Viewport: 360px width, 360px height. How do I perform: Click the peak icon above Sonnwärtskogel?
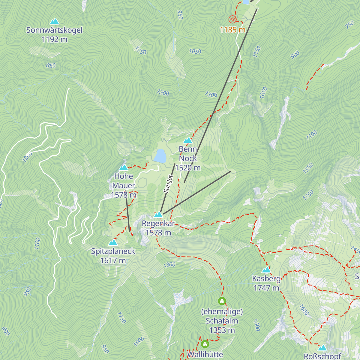54,21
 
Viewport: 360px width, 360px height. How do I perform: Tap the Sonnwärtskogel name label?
54,30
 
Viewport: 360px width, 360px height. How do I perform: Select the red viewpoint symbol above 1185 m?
232,19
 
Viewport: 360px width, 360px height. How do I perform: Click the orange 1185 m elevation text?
232,30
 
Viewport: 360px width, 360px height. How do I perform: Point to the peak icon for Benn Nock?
188,140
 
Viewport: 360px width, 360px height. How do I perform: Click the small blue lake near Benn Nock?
160,156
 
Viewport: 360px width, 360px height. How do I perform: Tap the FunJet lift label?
168,184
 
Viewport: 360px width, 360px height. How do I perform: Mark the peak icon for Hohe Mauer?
124,168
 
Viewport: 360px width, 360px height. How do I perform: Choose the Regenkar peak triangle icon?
158,214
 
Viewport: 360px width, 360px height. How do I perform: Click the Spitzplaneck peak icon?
113,242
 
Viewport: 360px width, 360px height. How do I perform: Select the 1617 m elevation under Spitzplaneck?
113,260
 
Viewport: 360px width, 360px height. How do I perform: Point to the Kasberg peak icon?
266,270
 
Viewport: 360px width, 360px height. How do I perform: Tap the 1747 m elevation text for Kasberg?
266,288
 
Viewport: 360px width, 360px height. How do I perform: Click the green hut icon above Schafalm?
222,301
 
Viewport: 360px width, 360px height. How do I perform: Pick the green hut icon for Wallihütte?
205,343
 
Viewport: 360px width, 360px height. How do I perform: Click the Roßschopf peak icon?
322,348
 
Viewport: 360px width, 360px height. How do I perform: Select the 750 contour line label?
349,25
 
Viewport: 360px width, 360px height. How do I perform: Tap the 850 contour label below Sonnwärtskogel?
51,65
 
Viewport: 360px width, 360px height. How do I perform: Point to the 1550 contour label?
308,195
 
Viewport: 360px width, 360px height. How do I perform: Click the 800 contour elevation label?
6,331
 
